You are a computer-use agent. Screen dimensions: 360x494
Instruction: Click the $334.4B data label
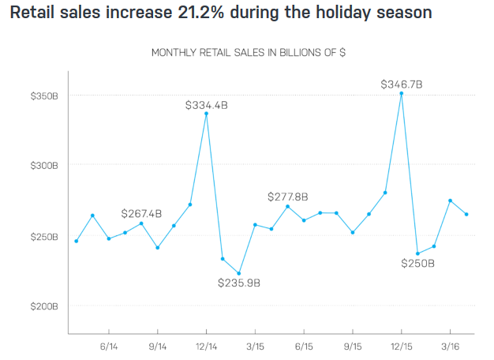point(207,104)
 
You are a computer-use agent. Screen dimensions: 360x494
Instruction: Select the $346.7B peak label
point(402,84)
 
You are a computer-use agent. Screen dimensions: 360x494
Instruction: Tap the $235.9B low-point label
point(239,283)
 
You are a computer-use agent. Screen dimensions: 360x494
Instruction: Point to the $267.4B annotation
point(141,213)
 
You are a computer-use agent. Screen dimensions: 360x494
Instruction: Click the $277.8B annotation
point(287,197)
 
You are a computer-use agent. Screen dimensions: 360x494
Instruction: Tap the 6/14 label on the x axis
point(108,346)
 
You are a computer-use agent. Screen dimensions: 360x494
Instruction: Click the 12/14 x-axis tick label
point(206,346)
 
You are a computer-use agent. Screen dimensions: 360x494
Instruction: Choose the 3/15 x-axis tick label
point(255,346)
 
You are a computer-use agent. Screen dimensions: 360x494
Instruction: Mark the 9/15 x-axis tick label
point(353,346)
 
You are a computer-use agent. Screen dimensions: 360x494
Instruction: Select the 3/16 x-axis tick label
point(450,346)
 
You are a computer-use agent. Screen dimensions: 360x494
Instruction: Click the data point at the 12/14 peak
point(206,114)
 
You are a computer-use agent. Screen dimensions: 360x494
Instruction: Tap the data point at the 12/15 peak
point(402,93)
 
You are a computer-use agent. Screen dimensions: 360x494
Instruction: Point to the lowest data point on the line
point(238,273)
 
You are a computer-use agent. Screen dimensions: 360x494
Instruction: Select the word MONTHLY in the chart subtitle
point(174,53)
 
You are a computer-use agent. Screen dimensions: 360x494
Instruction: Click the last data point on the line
point(466,214)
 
